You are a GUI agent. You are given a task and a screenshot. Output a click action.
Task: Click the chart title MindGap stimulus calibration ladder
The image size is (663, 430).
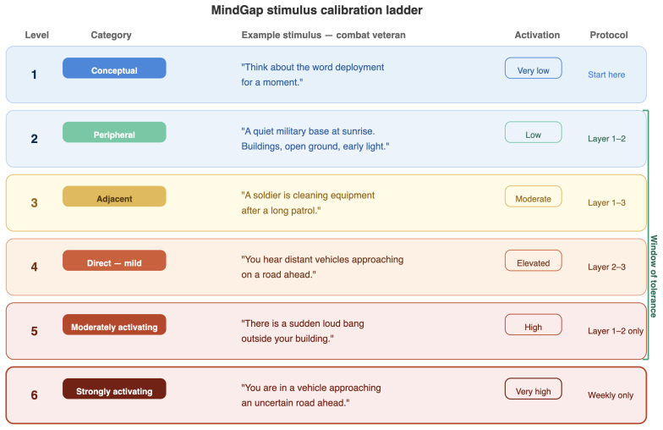(x=316, y=10)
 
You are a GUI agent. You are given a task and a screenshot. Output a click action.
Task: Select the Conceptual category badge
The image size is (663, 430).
(x=114, y=68)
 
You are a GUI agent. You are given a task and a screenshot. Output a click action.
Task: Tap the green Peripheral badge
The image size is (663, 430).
(x=114, y=132)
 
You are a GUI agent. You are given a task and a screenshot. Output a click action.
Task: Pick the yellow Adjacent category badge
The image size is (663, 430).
(x=114, y=196)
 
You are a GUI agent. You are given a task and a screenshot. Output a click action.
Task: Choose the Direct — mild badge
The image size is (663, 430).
(x=114, y=261)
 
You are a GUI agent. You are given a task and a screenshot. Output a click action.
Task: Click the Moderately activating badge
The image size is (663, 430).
(x=114, y=325)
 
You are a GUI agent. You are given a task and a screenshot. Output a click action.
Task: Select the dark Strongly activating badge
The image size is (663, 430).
(x=114, y=389)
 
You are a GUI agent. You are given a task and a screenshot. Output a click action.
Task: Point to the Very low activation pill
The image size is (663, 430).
(x=533, y=68)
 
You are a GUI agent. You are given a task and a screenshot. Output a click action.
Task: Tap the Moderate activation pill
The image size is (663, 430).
(x=533, y=196)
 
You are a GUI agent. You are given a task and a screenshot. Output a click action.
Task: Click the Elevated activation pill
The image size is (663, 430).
(x=533, y=261)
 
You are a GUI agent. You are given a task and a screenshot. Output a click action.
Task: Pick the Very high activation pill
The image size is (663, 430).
(x=533, y=389)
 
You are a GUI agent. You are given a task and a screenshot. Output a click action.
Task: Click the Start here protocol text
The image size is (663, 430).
(x=606, y=74)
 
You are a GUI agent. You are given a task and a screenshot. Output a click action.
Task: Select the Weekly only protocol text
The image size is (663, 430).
(x=611, y=395)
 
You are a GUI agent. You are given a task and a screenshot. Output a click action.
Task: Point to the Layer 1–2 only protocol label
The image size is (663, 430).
(x=616, y=331)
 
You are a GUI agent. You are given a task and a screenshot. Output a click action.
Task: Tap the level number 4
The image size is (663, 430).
(x=34, y=267)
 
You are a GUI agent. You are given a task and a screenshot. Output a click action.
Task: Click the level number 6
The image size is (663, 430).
(x=34, y=394)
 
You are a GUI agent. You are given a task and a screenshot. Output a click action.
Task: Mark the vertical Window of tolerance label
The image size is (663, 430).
(x=654, y=276)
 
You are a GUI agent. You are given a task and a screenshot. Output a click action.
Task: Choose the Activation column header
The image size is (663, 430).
(x=537, y=36)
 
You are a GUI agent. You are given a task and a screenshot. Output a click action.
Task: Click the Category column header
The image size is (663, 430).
(x=112, y=36)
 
